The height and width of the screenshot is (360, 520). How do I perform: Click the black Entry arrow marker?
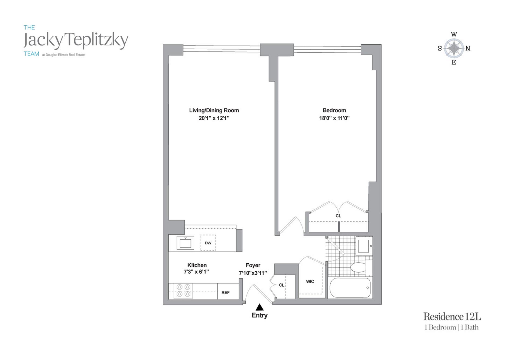tap(260, 307)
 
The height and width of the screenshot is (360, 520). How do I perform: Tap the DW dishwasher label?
tap(208, 243)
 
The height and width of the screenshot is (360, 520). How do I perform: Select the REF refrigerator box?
tap(226, 292)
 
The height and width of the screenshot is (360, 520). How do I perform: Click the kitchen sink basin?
tap(186, 243)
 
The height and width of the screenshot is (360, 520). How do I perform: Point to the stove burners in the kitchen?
tap(183, 290)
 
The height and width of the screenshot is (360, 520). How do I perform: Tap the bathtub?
tap(350, 288)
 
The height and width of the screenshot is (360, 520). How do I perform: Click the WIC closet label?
tap(310, 282)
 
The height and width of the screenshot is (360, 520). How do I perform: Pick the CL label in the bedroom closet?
tap(338, 216)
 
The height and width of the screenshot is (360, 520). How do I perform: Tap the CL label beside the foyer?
tap(282, 285)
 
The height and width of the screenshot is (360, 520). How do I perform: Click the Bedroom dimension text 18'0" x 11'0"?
tap(334, 118)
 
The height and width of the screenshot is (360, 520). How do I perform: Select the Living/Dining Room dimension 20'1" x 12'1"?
tap(214, 118)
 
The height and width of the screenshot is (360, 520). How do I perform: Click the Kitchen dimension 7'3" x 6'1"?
tap(196, 272)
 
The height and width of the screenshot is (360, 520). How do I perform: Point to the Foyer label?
tap(253, 265)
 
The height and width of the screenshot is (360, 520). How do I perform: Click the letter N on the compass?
tap(468, 48)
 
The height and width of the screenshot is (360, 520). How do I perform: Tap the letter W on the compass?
tap(454, 34)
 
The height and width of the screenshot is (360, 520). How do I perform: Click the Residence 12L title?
tap(452, 316)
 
